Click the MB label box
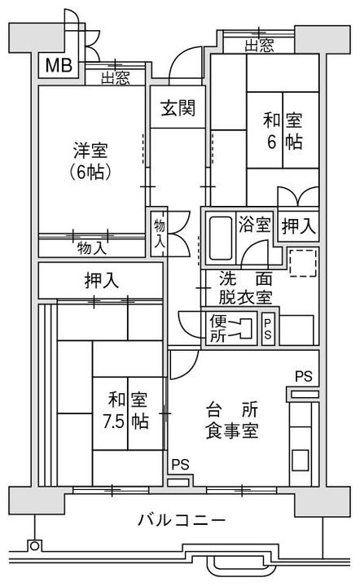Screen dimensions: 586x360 tap(56, 65)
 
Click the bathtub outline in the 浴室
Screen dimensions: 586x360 tap(218, 236)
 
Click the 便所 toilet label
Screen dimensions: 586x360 tap(219, 328)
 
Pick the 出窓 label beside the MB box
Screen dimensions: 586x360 tap(116, 78)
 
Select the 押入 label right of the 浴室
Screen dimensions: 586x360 tap(298, 225)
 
